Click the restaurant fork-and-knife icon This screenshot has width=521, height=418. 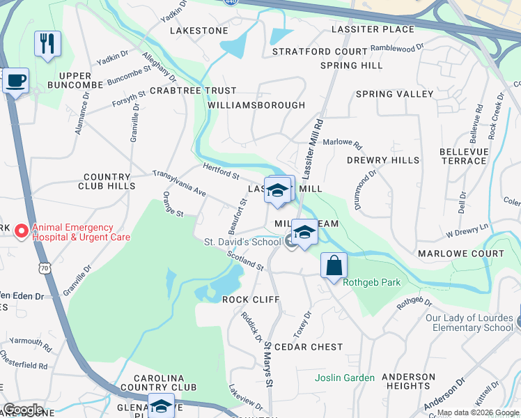click(x=47, y=43)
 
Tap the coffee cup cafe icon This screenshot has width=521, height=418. click(x=15, y=81)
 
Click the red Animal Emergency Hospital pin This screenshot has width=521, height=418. click(x=21, y=231)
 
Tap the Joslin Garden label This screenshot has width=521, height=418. click(x=344, y=378)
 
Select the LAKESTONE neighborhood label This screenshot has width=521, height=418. click(x=199, y=31)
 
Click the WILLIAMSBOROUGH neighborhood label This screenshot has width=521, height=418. click(x=256, y=105)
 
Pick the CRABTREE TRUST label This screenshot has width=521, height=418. click(x=193, y=91)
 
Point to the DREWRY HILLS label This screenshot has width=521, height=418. click(x=383, y=160)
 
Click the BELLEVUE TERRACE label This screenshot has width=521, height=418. click(x=463, y=156)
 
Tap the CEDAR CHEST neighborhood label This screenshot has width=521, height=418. click(x=309, y=347)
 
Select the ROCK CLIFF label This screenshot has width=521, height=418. click(x=251, y=300)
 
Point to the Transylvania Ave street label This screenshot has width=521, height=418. click(x=180, y=183)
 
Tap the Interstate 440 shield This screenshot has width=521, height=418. click(x=229, y=2)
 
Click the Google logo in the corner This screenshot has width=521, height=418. click(x=23, y=410)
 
